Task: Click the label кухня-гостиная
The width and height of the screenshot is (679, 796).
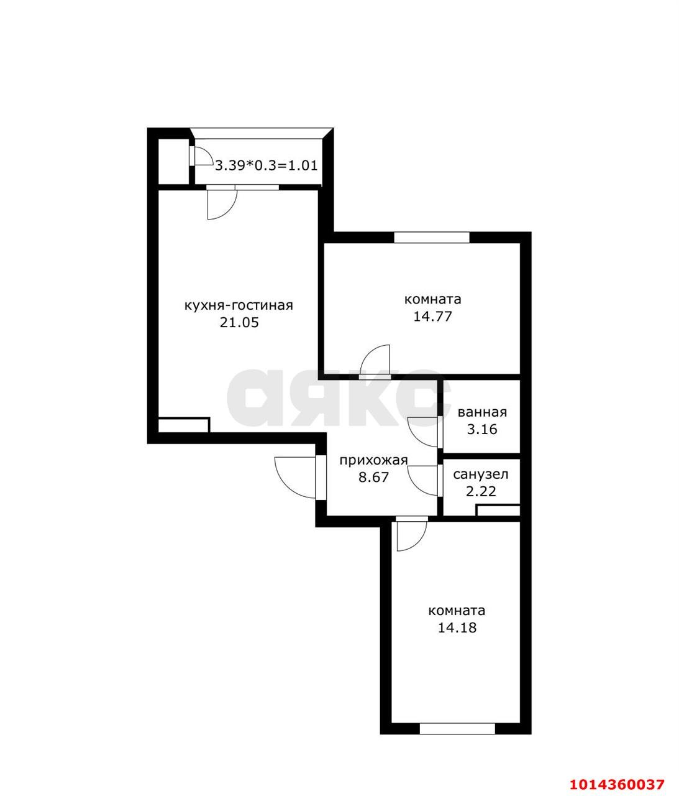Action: coord(239,305)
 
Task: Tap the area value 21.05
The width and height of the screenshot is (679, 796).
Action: coord(239,322)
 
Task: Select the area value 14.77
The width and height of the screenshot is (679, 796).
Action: coord(432,316)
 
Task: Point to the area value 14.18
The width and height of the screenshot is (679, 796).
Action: coord(457,627)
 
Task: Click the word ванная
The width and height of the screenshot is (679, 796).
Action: coord(482,412)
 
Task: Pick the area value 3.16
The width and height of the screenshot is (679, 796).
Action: coord(482,429)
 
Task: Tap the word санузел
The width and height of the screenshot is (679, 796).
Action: coord(481,474)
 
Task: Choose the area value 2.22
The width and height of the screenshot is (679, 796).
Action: coord(481,491)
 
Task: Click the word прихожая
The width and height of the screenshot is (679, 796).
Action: coord(373,460)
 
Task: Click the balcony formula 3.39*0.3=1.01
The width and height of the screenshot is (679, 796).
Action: coord(267,165)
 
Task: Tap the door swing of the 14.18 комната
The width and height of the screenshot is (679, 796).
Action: coord(410,535)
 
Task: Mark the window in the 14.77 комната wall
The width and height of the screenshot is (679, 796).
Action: coord(432,237)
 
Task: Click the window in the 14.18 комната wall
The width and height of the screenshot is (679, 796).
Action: coord(457,728)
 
